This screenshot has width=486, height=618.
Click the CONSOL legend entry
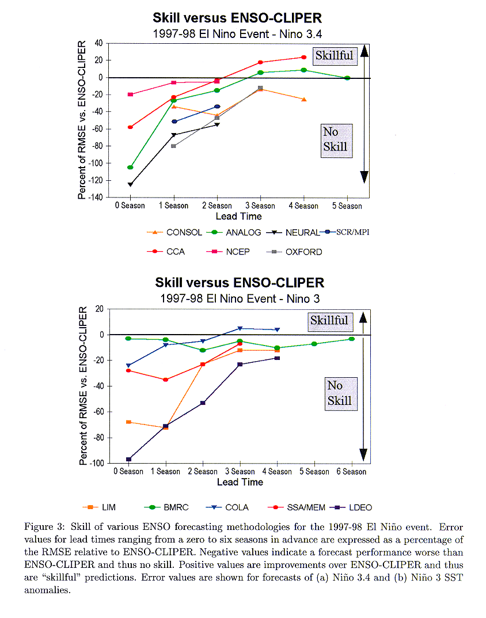click(x=174, y=233)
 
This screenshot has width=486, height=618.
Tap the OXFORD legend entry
click(x=294, y=252)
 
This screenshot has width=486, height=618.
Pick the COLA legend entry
click(x=227, y=507)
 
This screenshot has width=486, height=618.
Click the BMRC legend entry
click(x=166, y=507)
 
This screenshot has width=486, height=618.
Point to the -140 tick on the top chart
click(x=97, y=197)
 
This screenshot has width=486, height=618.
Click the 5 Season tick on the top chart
click(x=347, y=206)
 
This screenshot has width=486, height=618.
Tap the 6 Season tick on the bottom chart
click(x=351, y=471)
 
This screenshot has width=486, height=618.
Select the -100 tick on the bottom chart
click(x=97, y=463)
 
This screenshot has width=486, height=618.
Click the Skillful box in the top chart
click(x=335, y=55)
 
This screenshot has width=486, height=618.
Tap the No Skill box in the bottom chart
click(x=340, y=394)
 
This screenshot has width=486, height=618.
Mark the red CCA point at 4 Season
click(x=303, y=57)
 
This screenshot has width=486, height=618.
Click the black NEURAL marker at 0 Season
click(x=130, y=184)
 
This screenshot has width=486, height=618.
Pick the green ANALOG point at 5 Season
click(x=347, y=78)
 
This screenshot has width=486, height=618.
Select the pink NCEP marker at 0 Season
click(x=131, y=94)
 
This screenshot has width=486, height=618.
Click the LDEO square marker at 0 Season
click(x=128, y=459)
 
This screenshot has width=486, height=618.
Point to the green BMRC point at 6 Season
click(x=352, y=339)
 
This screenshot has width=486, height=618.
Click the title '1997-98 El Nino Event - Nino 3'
click(x=240, y=299)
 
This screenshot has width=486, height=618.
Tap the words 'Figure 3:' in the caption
click(x=44, y=527)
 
